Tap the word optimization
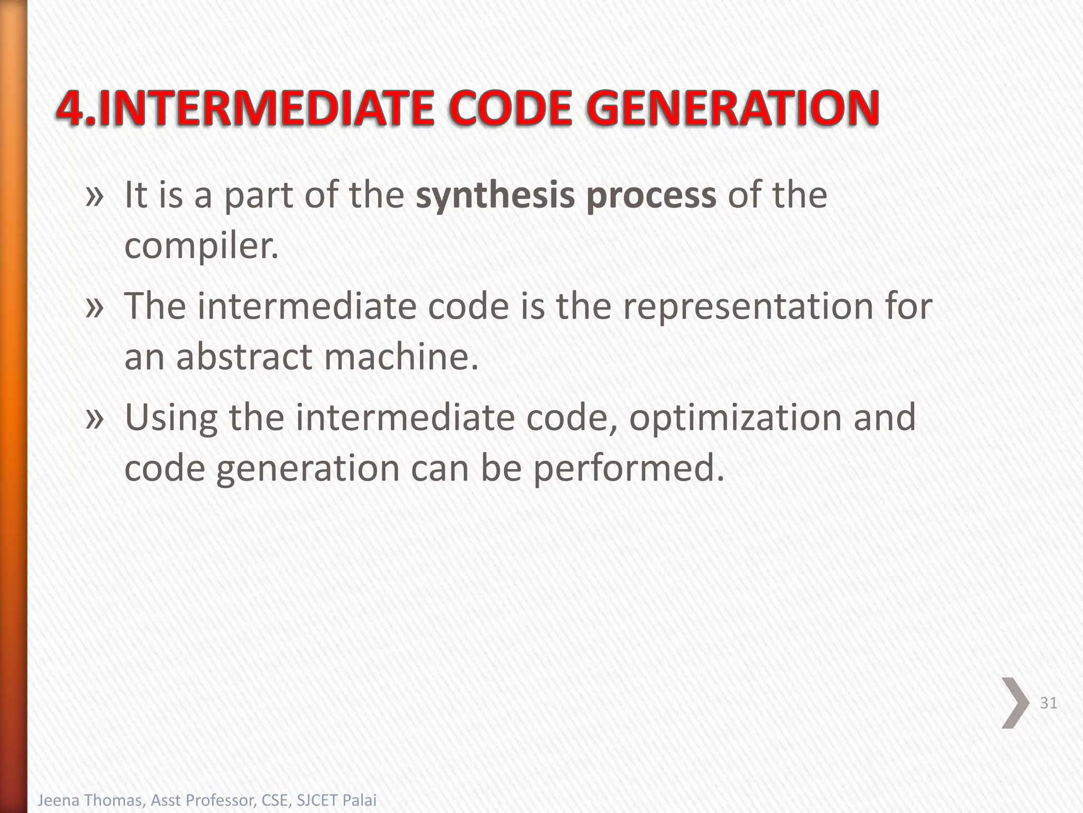tap(736, 418)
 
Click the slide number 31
tap(1048, 703)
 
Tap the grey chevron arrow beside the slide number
tap(1015, 702)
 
